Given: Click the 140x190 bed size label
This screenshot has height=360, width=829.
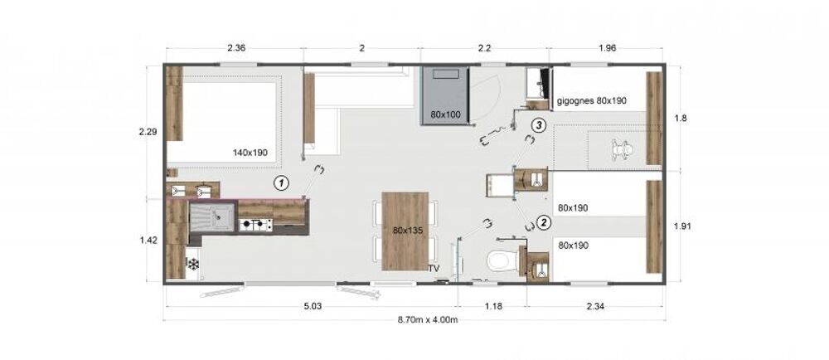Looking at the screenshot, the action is (x=250, y=153).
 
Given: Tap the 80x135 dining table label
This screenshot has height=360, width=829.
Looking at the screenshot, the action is (x=405, y=231).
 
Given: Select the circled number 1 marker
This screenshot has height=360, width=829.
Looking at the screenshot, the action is (x=282, y=183).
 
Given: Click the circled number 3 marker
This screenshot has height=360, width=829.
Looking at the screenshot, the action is (x=538, y=125).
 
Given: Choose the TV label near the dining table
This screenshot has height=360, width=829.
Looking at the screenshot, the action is (x=434, y=268).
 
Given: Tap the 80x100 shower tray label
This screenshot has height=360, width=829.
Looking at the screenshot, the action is (x=444, y=114).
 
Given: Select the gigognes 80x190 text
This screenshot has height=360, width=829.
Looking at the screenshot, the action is (x=592, y=101).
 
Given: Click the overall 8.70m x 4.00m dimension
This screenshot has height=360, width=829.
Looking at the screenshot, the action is (x=427, y=320).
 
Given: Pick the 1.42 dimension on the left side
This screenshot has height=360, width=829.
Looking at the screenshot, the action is (x=148, y=240).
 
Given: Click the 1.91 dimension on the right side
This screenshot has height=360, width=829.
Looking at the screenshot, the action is (x=682, y=226).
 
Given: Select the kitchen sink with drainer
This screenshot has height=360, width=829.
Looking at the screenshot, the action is (x=211, y=217).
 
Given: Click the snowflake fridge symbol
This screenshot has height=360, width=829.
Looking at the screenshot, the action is (x=193, y=263).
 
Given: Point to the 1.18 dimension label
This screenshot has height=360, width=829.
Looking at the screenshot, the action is (x=492, y=305).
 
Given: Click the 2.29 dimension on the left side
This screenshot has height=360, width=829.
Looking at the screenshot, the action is (x=148, y=132).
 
